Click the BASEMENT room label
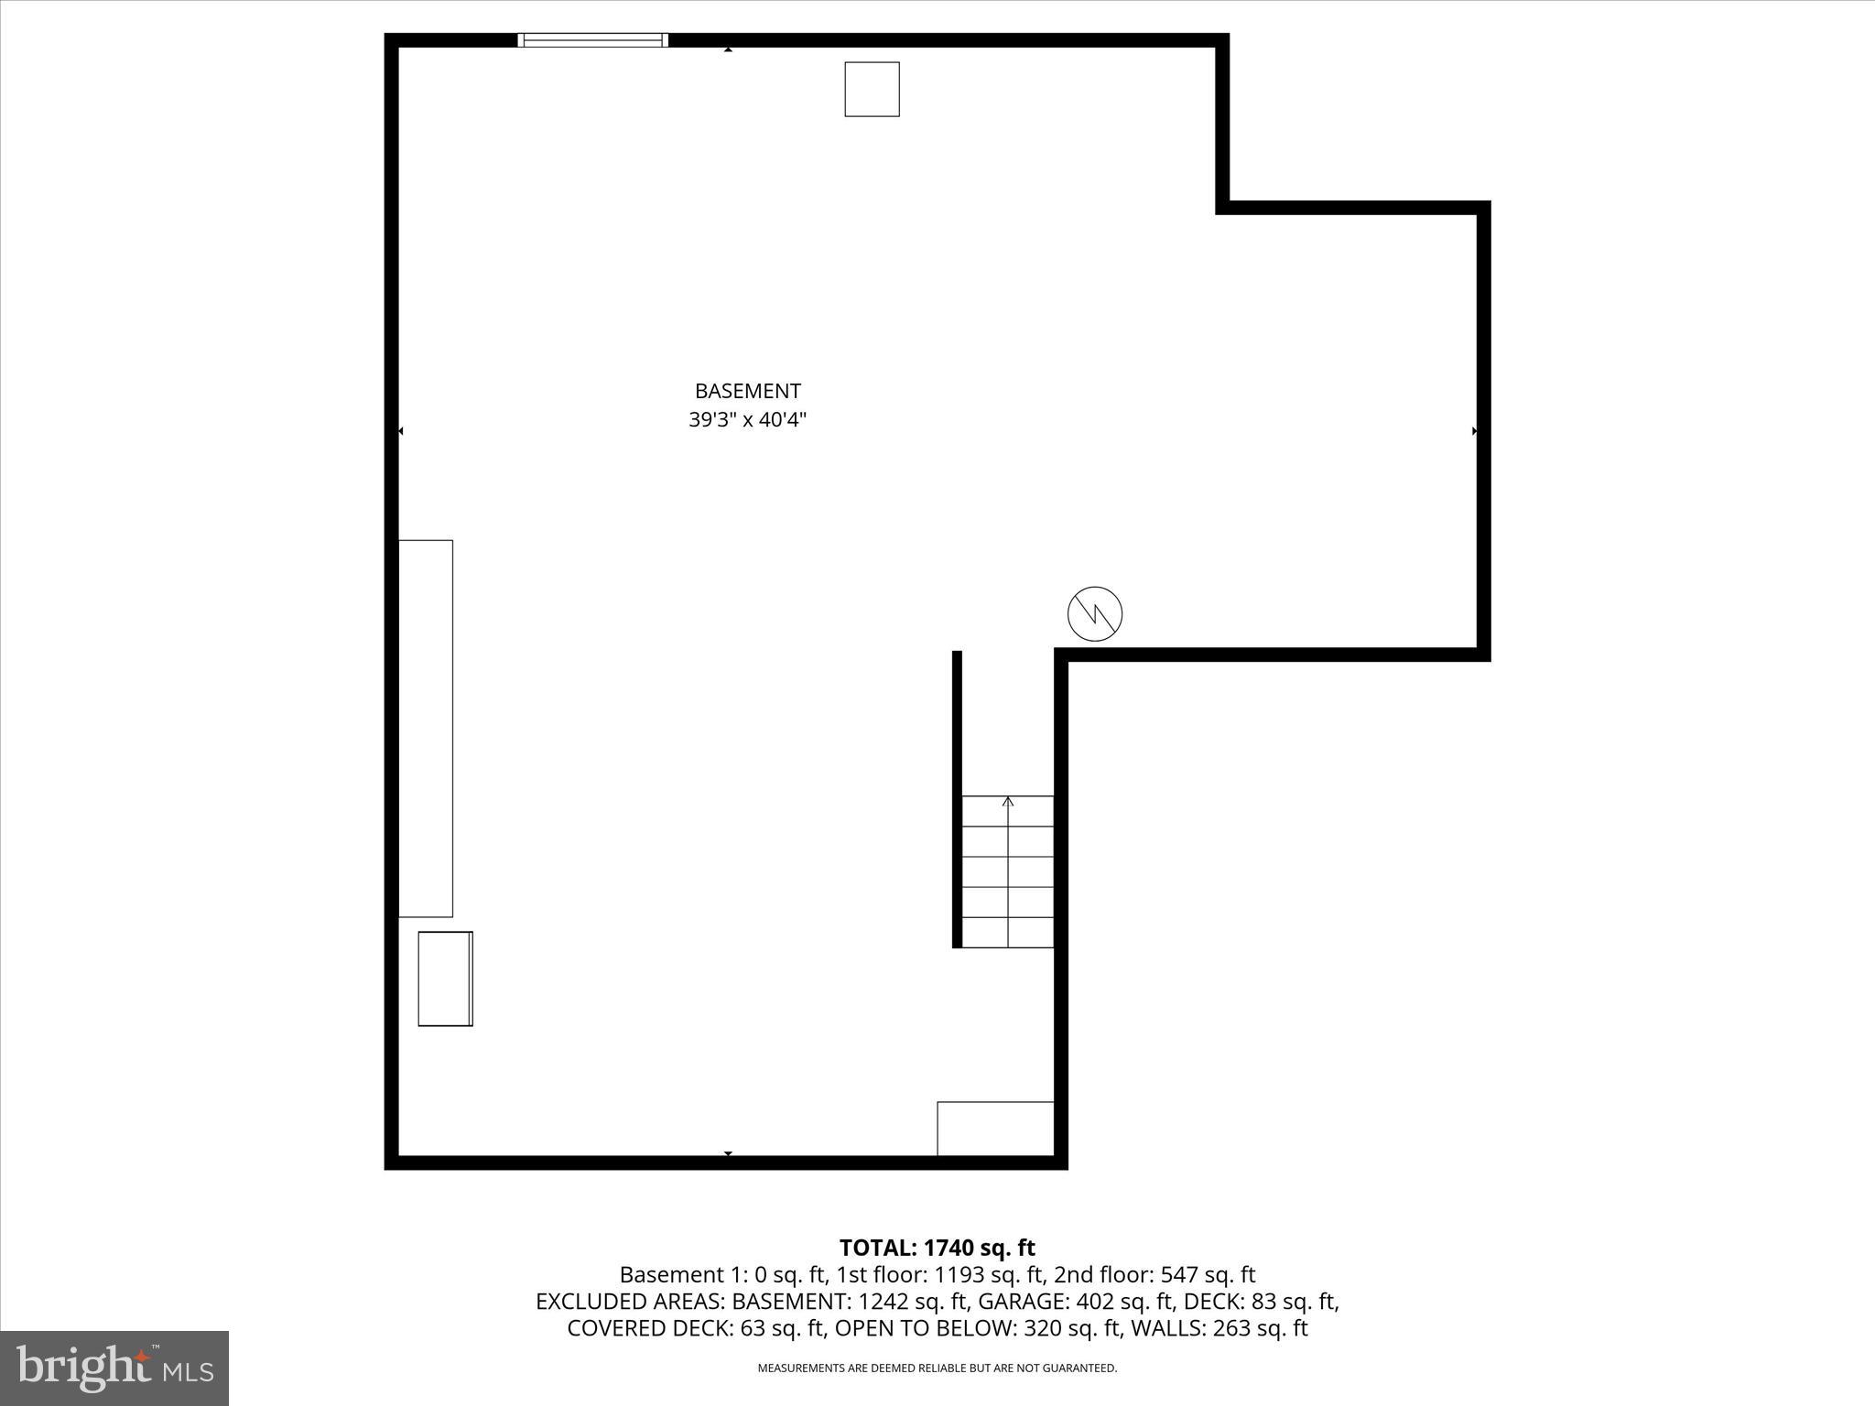tap(747, 391)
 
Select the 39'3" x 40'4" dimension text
tap(747, 420)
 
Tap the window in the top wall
tap(592, 40)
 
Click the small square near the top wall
tap(872, 90)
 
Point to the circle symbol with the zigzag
tap(1095, 613)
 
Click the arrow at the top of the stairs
tap(1008, 802)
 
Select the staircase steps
tap(1007, 871)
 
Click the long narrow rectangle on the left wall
tap(426, 729)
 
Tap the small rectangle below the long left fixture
tap(445, 979)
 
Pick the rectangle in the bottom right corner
tap(995, 1129)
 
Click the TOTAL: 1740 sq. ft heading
tap(937, 1248)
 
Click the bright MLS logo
tap(114, 1368)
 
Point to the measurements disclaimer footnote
tap(937, 1368)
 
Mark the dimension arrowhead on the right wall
tap(1474, 431)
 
